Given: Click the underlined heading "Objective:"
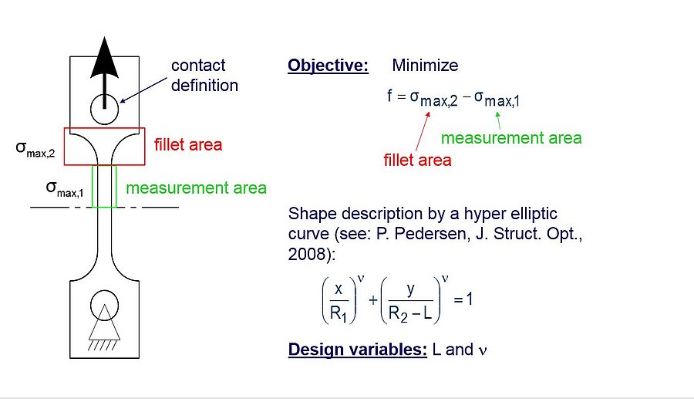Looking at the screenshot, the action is tap(328, 66).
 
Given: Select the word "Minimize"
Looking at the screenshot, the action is tap(425, 66).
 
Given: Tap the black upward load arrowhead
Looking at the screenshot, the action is tap(104, 58).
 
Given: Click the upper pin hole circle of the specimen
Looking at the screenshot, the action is tap(104, 109).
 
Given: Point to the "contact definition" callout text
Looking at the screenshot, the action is tap(204, 76).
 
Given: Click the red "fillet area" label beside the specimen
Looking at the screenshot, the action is tap(188, 145).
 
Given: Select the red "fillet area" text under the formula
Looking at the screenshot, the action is tap(417, 160).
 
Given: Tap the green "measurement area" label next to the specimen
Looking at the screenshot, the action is tap(196, 188).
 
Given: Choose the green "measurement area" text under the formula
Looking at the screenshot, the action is tap(511, 137).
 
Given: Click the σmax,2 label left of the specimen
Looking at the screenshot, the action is tap(35, 149).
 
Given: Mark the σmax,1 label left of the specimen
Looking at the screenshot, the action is tap(65, 189).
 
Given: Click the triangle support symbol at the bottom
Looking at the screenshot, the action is tap(104, 323).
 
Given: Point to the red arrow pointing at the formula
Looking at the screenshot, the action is tap(423, 131).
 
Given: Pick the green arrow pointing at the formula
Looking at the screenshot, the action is tap(498, 120).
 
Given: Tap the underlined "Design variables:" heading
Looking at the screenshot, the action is tap(358, 350).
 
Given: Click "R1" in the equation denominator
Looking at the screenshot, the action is tap(339, 314).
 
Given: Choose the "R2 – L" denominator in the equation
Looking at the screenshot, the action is tap(410, 314).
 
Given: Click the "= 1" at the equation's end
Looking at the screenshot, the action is tap(463, 299).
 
